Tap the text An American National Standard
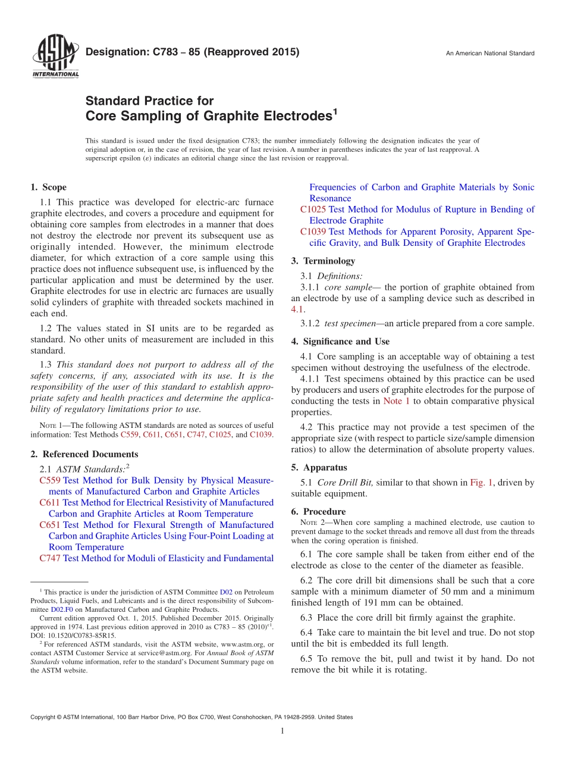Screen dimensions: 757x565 point(490,54)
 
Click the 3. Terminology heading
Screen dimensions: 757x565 point(323,261)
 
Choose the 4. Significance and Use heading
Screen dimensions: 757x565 point(340,342)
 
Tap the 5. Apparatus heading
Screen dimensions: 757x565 point(319,468)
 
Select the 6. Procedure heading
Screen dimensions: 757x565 point(318,511)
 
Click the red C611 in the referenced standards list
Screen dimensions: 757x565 point(49,503)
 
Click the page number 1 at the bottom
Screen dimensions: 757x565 point(282,731)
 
